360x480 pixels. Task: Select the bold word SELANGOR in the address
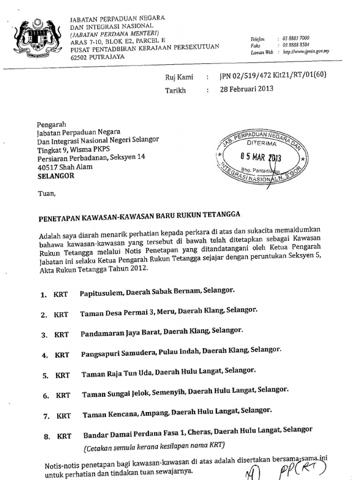[55, 176]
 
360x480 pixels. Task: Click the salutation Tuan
[46, 193]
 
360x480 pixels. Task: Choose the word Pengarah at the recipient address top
[51, 124]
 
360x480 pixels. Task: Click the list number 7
[46, 416]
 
